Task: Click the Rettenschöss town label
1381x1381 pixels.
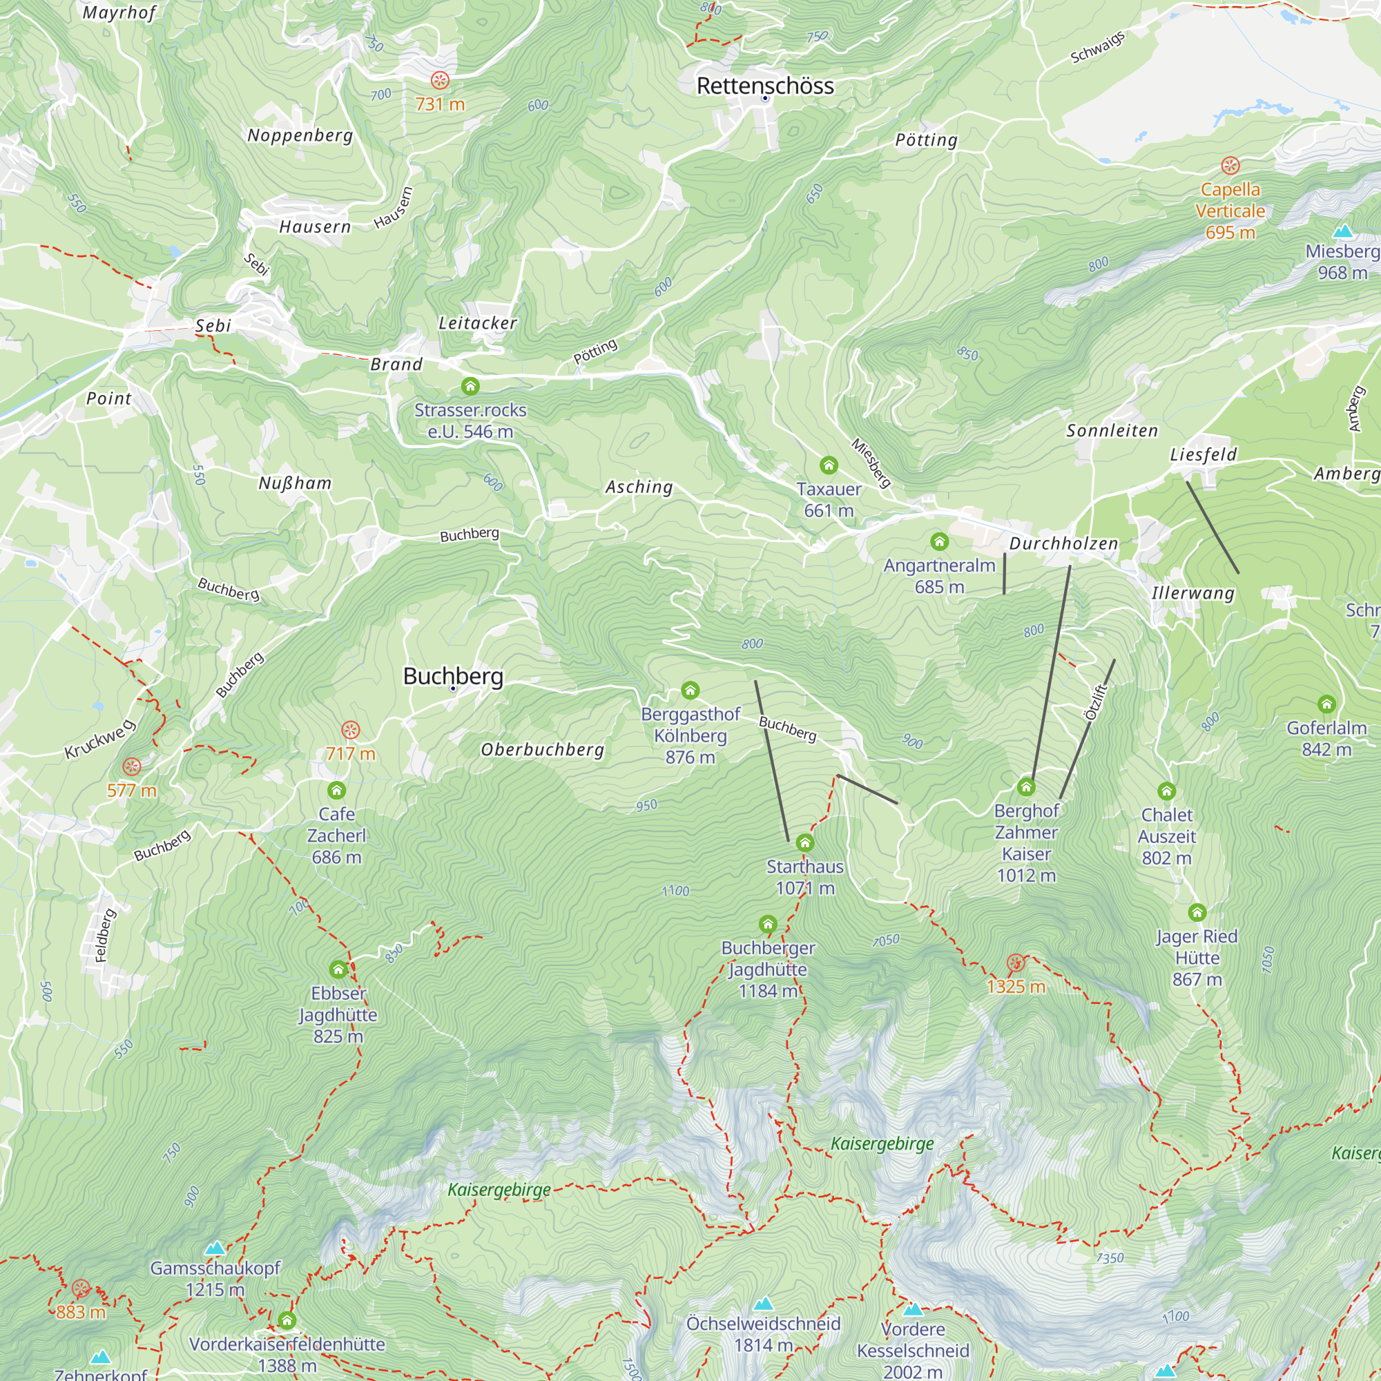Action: (765, 86)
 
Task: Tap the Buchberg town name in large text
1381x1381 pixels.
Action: (453, 675)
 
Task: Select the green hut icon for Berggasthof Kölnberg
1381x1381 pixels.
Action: (690, 690)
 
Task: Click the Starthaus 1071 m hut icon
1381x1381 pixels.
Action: (805, 842)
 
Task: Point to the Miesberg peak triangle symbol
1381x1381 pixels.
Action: (1343, 231)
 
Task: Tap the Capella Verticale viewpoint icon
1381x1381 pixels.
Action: (1230, 166)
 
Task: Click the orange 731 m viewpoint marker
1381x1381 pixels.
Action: (440, 80)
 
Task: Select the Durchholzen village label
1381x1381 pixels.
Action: (1063, 543)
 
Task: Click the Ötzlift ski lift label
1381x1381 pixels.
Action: (1095, 703)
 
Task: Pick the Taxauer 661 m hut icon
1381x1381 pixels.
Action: (829, 465)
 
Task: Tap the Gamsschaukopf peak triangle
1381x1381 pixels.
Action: (215, 1248)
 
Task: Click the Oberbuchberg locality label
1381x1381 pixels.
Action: (543, 749)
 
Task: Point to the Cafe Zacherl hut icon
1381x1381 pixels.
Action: (337, 790)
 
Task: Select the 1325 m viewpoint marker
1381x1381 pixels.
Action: (1015, 963)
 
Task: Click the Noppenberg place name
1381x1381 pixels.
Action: (300, 135)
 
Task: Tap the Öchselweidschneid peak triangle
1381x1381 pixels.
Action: (764, 1304)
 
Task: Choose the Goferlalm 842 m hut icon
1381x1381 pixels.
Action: (1326, 704)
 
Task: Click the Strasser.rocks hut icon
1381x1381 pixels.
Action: (470, 386)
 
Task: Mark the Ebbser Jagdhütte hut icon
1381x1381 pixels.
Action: (338, 969)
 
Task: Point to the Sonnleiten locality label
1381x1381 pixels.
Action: (1112, 430)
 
